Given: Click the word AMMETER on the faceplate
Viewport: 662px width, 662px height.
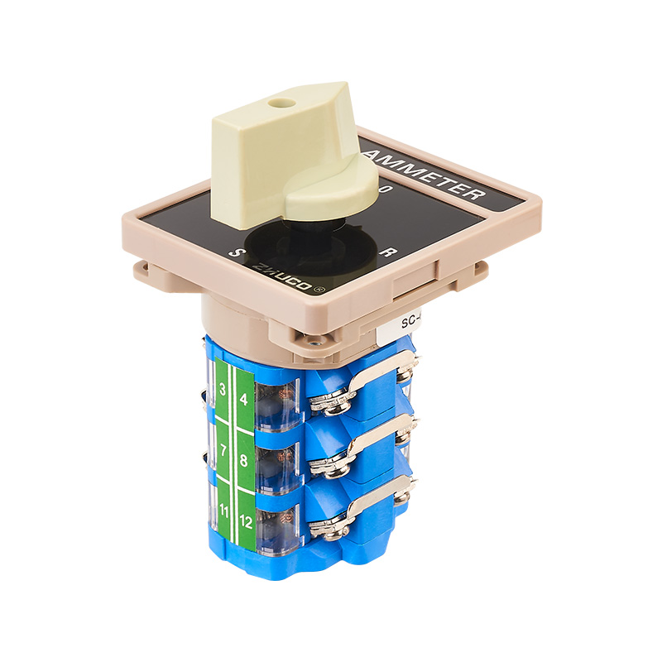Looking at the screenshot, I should pos(425,173).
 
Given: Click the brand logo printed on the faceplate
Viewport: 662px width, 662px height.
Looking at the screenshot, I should pos(287,273).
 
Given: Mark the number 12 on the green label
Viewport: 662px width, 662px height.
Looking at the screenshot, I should pos(245,521).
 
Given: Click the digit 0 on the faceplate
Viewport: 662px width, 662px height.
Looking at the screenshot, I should pos(383,190).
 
